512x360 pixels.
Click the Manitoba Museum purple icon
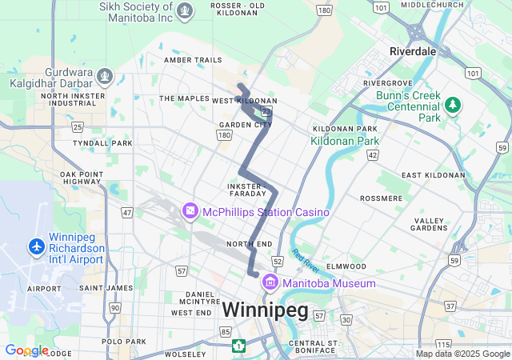pyautogui.click(x=270, y=283)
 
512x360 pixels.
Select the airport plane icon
pyautogui.click(x=36, y=247)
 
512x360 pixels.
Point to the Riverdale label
pyautogui.click(x=412, y=50)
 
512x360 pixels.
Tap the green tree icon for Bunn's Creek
pyautogui.click(x=454, y=105)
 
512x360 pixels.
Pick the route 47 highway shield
pyautogui.click(x=127, y=213)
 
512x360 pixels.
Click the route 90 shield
pyautogui.click(x=115, y=307)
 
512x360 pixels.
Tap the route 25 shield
pyautogui.click(x=78, y=127)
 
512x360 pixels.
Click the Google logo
pyautogui.click(x=26, y=350)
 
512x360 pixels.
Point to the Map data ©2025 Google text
pyautogui.click(x=462, y=354)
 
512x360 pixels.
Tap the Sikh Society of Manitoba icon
pyautogui.click(x=186, y=11)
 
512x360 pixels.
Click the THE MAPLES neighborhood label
pyautogui.click(x=183, y=98)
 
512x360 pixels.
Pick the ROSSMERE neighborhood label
pyautogui.click(x=382, y=198)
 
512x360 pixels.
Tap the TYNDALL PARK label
pyautogui.click(x=102, y=143)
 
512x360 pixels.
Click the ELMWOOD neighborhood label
pyautogui.click(x=346, y=266)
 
